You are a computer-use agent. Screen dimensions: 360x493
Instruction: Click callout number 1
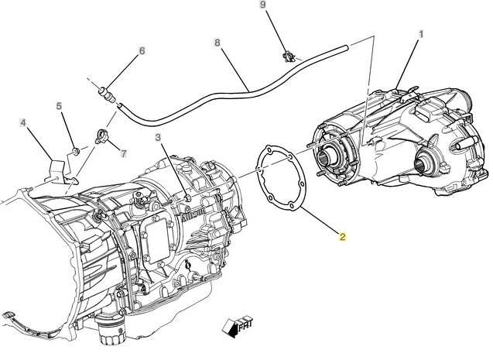point(421,34)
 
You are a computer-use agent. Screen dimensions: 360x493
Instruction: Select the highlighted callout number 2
point(342,237)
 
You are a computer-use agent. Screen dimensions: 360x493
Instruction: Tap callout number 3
point(158,138)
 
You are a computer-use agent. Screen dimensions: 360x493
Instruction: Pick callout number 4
point(23,122)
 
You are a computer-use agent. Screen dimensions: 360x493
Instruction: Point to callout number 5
point(59,106)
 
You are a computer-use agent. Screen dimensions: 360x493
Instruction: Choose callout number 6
point(142,51)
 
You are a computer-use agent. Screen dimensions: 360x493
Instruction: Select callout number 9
point(262,6)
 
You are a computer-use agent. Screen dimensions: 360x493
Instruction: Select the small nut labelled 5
point(75,149)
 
